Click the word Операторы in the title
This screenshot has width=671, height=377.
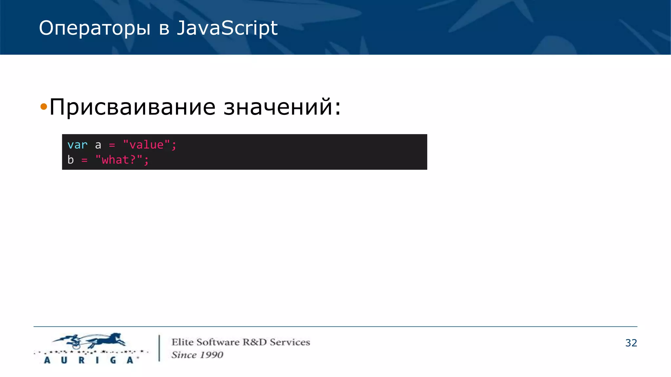[95, 28]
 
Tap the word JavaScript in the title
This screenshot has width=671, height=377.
[227, 28]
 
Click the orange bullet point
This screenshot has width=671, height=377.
[44, 106]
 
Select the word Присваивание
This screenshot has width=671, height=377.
[132, 107]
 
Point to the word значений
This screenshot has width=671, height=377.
[278, 107]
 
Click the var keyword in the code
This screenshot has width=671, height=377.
[77, 145]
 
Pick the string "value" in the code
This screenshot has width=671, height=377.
[146, 145]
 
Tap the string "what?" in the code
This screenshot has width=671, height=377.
[119, 160]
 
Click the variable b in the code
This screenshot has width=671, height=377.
[70, 160]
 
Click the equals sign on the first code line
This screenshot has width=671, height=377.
[112, 145]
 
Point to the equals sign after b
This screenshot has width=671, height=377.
[85, 160]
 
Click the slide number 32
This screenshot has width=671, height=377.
[631, 343]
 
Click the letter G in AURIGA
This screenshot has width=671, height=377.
[113, 360]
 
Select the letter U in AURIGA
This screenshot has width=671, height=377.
[64, 360]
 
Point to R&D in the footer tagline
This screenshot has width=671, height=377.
[255, 342]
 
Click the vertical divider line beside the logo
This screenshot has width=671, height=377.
[159, 348]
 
